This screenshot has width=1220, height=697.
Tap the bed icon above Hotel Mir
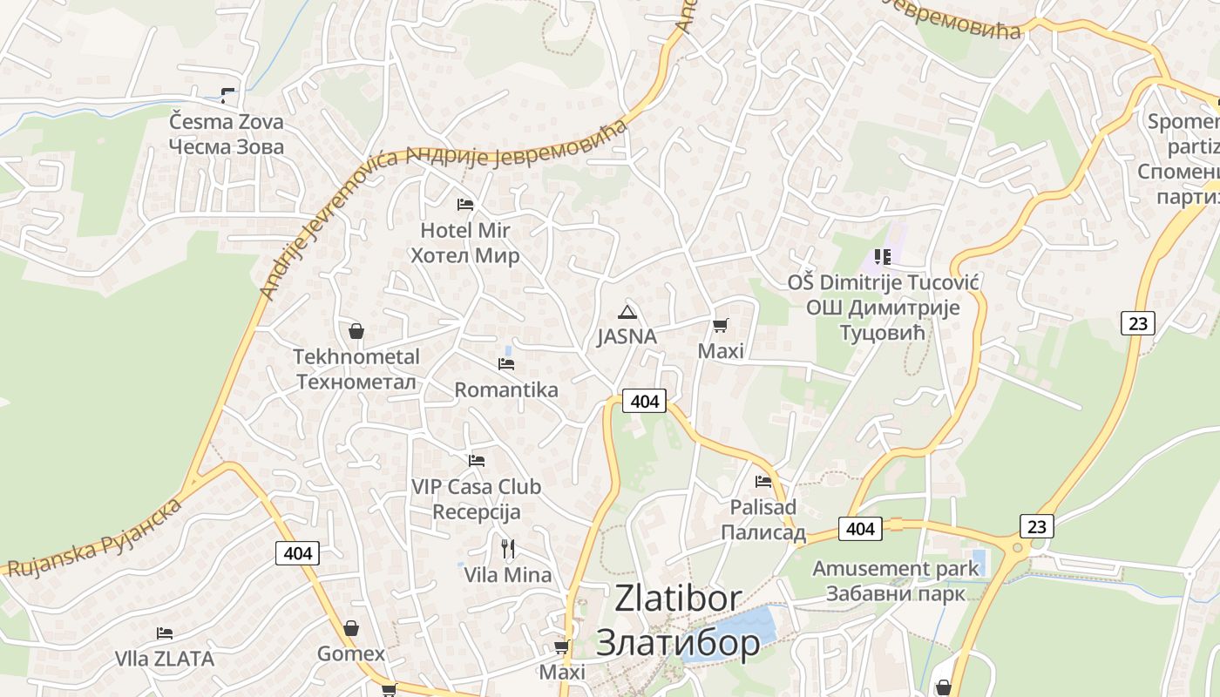coord(465,205)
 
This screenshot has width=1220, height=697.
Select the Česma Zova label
coord(227,122)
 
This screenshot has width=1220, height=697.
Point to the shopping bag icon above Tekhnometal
coord(356,331)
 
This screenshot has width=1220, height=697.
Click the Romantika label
coord(506,389)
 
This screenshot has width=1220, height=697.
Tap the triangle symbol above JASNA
coord(627,312)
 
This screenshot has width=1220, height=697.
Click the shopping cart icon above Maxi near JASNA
coord(720,326)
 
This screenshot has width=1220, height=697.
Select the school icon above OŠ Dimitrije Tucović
coord(883,257)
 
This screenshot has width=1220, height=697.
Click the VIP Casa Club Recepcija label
coord(477,499)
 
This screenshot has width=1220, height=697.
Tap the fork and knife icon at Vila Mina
coord(508,548)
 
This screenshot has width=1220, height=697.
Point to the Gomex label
coord(351,653)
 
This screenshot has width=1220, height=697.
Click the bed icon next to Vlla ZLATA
coord(165,633)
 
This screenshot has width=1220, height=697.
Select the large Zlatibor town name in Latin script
coord(678,599)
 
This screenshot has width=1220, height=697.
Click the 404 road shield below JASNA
coord(644,401)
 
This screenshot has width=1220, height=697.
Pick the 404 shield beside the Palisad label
coord(860,529)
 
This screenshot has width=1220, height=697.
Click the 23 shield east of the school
coord(1137,323)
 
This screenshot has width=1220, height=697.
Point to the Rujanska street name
coord(52,550)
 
